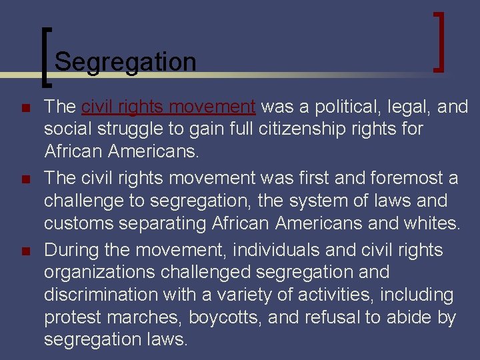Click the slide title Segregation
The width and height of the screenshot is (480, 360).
(x=125, y=62)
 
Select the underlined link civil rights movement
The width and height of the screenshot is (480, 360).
(x=169, y=107)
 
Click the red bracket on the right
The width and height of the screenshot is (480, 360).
(x=439, y=41)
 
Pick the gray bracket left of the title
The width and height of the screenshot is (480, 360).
(x=45, y=57)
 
